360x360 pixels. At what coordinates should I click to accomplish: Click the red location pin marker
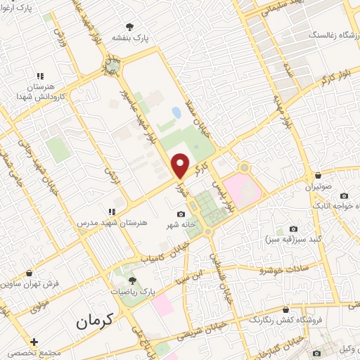click(181, 165)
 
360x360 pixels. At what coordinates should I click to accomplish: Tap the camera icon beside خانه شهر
click(182, 214)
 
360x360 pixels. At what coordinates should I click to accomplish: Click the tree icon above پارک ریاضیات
click(131, 280)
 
